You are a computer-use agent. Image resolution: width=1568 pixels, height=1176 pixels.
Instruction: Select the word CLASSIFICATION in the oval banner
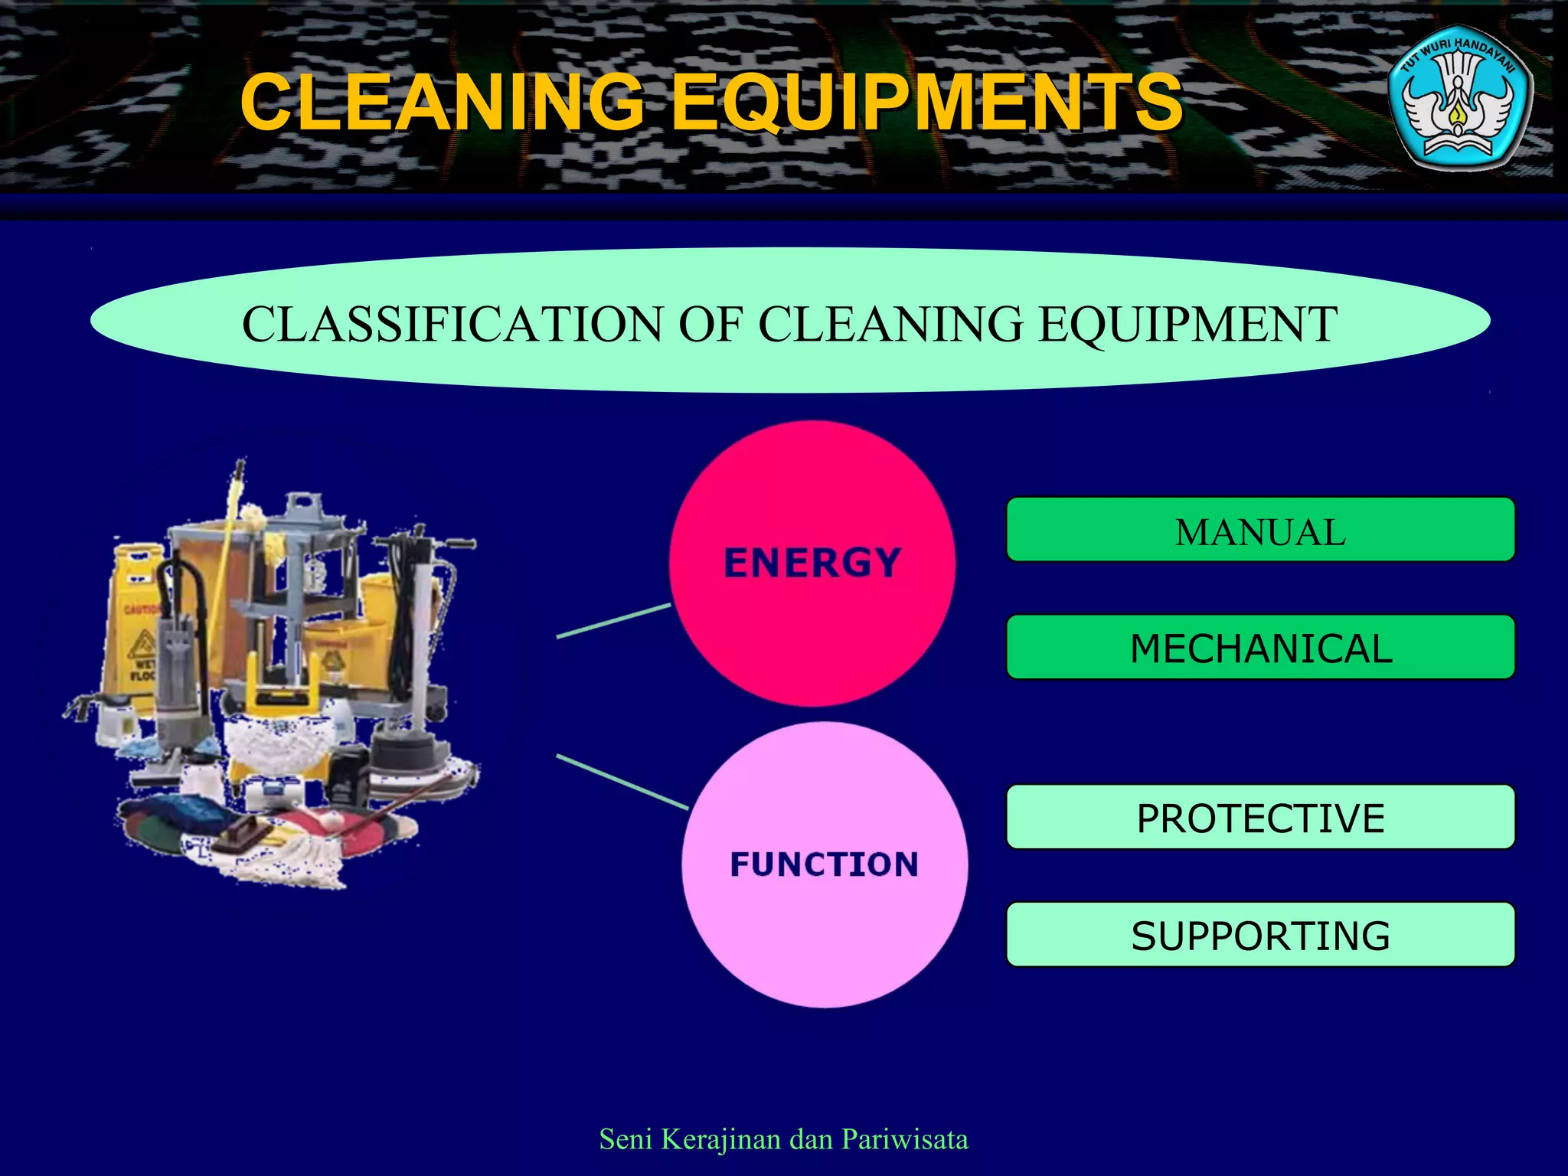coord(452,324)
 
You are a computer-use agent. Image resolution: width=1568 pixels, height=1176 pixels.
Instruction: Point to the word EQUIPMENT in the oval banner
coord(1187,324)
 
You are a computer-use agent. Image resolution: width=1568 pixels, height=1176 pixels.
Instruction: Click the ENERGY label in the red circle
coord(812,563)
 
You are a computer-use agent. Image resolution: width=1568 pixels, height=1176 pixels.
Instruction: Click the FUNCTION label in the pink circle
coord(825,864)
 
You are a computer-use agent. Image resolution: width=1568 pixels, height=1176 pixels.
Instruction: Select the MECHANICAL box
coord(1260,648)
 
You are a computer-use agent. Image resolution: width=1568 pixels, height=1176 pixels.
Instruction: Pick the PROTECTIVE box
coord(1260,818)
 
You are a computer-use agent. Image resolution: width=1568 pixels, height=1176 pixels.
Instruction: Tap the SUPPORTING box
coord(1260,935)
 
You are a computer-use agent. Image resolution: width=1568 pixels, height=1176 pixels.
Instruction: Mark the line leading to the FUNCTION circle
coord(622,782)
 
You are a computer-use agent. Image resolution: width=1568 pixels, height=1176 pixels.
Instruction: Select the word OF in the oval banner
coord(710,324)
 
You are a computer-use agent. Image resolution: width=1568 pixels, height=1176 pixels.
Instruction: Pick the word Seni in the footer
coord(626,1139)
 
